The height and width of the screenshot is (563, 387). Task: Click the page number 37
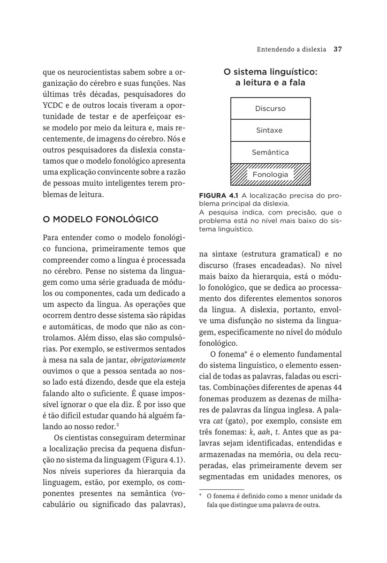click(337, 49)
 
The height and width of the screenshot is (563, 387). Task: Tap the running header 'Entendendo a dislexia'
click(291, 49)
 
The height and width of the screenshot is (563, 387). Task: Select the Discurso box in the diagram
click(270, 108)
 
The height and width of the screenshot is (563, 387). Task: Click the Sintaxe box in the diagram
click(270, 130)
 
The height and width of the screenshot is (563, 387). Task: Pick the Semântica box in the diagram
click(270, 152)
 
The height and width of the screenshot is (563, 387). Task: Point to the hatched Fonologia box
click(270, 175)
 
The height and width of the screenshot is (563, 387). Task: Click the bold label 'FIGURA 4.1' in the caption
click(219, 195)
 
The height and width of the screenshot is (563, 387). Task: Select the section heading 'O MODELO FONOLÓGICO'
click(100, 219)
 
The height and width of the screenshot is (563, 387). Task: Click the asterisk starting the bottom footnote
click(200, 495)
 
